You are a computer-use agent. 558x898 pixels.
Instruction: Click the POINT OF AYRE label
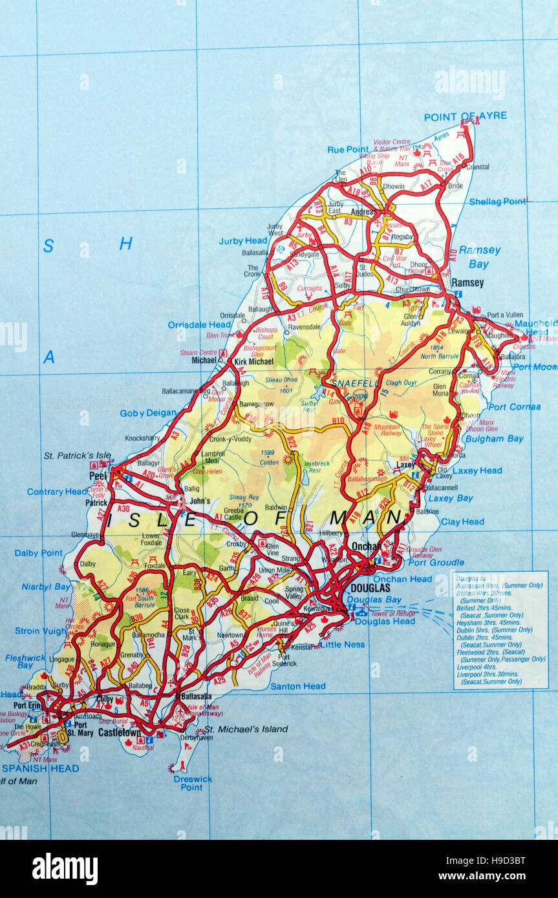465,116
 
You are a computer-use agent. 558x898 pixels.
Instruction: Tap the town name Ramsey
467,282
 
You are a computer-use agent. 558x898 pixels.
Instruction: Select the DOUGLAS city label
370,589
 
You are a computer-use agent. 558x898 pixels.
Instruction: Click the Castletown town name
119,733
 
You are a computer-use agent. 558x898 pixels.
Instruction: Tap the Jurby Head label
242,241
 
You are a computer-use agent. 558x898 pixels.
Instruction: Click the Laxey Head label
477,471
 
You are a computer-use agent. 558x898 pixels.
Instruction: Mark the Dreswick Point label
192,783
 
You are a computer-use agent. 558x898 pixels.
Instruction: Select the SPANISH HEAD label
40,768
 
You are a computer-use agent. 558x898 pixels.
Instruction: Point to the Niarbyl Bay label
45,587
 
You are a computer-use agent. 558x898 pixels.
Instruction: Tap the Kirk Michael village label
253,362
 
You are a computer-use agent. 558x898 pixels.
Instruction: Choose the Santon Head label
298,686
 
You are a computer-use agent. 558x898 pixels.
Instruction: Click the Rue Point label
348,149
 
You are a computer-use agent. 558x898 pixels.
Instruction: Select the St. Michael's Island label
246,729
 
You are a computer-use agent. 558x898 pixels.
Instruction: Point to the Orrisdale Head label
199,324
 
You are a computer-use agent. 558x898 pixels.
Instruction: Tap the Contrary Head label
56,492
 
